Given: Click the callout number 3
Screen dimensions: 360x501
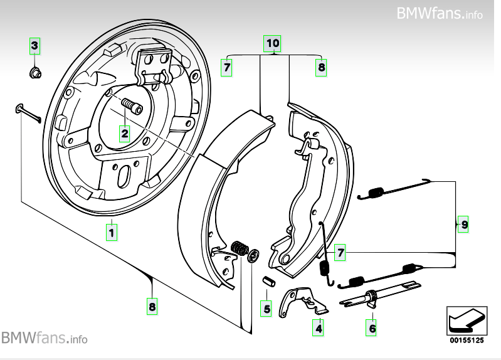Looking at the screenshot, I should tap(35, 45).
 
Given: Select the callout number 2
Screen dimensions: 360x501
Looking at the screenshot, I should tap(125, 132).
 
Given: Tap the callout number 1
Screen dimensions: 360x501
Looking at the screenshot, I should tap(111, 233).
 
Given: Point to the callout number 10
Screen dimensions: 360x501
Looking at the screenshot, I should tap(272, 43).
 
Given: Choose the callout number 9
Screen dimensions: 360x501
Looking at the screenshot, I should tap(463, 224).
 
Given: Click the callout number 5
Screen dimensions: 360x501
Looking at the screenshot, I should tap(266, 309).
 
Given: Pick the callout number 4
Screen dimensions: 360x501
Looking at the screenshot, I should tap(319, 327).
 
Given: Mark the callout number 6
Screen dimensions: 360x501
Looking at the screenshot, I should tap(372, 327).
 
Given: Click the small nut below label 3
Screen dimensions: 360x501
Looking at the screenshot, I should tap(36, 73).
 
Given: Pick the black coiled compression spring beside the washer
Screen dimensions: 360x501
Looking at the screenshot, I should tap(240, 248).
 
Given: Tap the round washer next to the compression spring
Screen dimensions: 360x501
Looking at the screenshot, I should tap(254, 255).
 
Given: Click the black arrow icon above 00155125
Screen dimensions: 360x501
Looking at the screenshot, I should tap(466, 322).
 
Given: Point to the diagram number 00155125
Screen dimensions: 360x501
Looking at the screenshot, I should tap(466, 341).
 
